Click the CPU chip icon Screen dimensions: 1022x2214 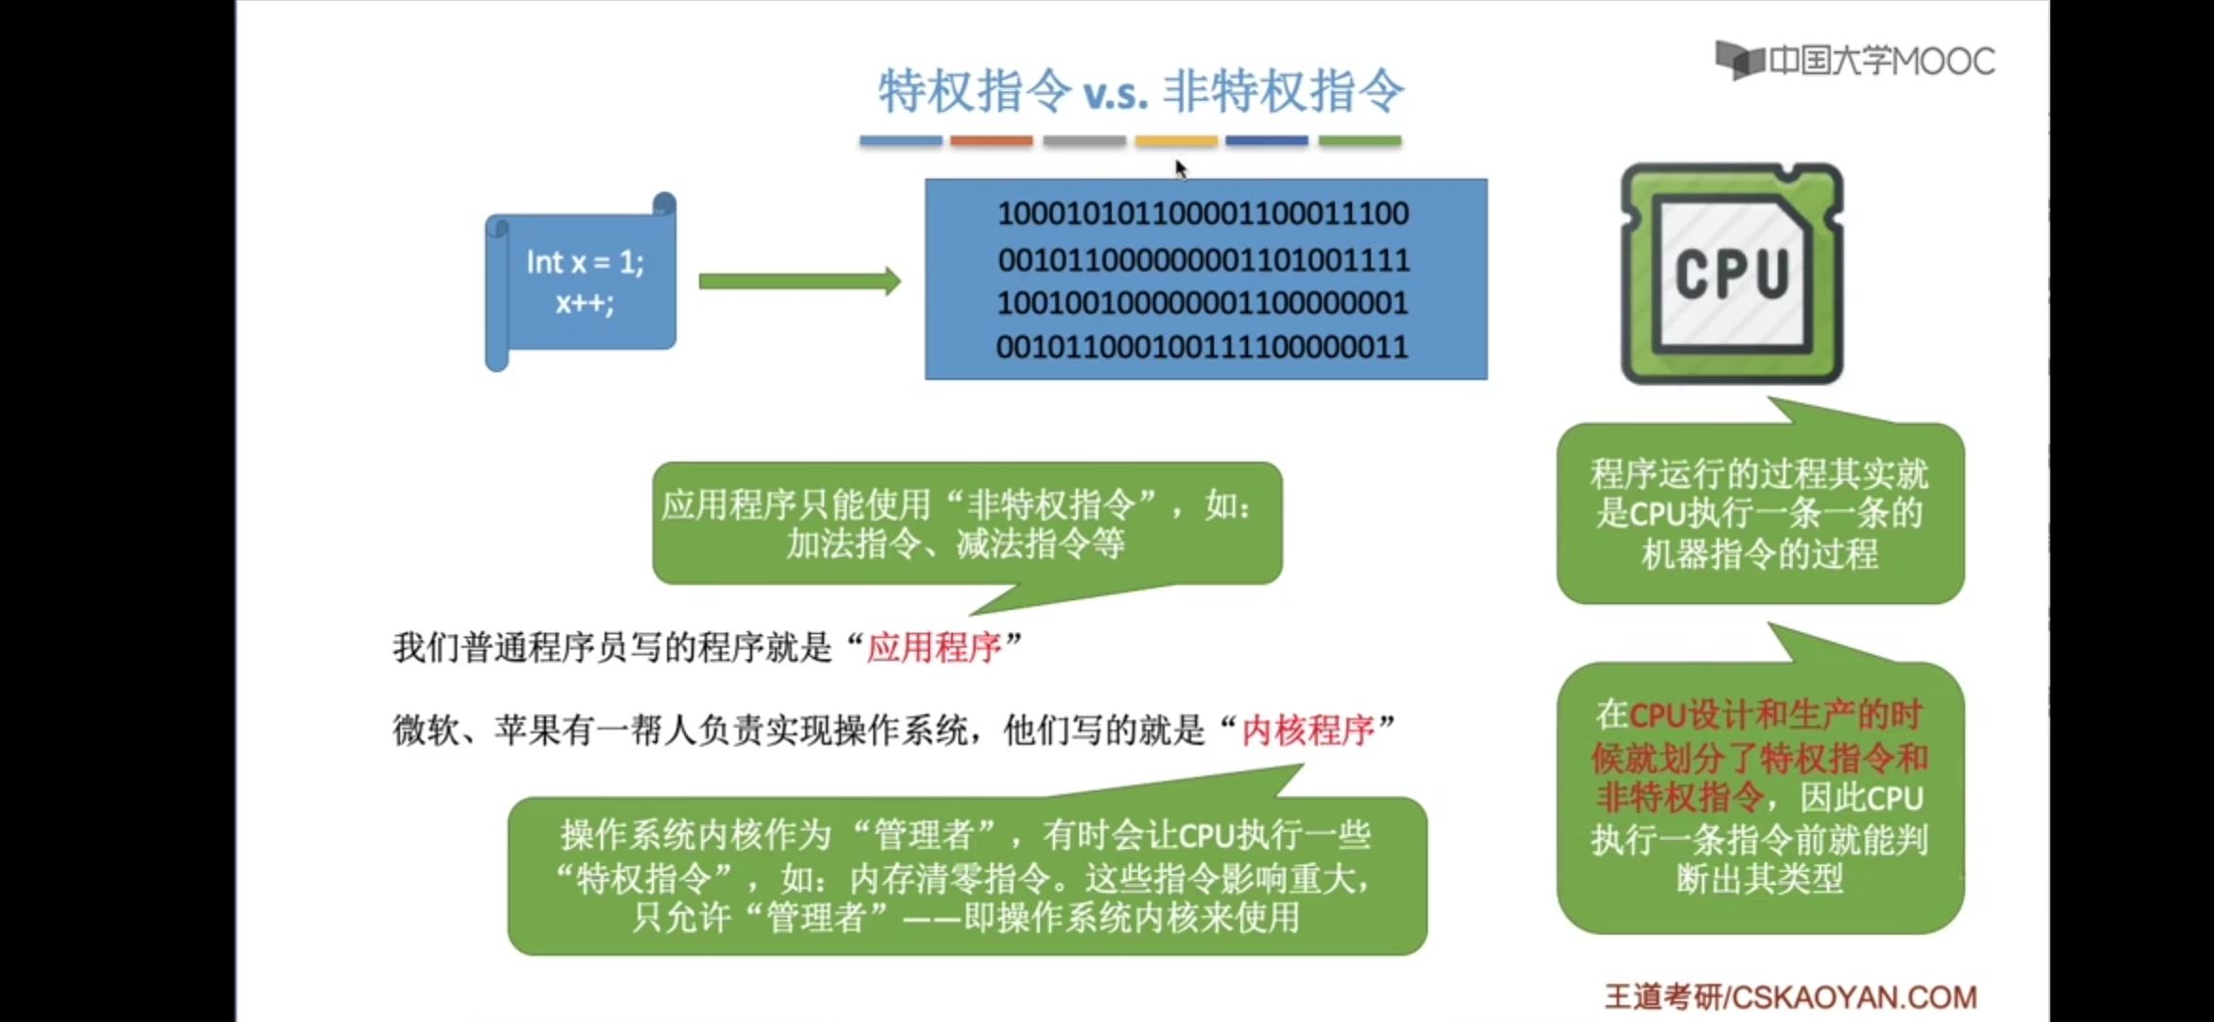(1731, 273)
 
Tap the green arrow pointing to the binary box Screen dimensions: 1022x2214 (799, 281)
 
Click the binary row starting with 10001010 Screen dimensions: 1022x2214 (1203, 214)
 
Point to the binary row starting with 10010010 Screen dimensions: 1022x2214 (1203, 304)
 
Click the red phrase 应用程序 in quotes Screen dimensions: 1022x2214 (934, 648)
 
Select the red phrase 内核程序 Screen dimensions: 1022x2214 (1308, 731)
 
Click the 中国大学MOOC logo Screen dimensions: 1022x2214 (1854, 62)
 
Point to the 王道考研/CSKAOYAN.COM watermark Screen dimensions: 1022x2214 (1790, 997)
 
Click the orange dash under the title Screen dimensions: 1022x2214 (992, 141)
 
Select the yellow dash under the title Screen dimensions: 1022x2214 (1176, 141)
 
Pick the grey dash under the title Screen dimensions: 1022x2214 (1084, 141)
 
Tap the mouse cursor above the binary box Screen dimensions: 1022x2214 (1181, 168)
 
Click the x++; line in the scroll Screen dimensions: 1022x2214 (585, 304)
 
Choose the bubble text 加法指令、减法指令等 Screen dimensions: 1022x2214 (956, 544)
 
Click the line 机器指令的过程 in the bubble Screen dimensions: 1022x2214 (1760, 555)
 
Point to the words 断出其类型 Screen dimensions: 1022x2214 (1760, 880)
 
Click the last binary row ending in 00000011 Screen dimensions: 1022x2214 (1203, 347)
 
